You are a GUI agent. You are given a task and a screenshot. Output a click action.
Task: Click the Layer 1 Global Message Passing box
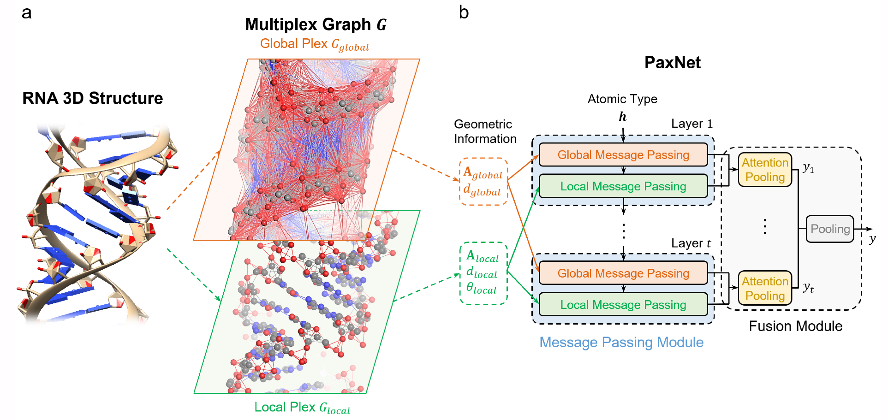click(x=623, y=154)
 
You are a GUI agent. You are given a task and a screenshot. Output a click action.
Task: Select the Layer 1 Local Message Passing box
click(x=623, y=186)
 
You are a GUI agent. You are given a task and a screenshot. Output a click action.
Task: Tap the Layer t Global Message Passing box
click(x=623, y=273)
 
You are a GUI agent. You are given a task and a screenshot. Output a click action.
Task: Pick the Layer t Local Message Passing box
click(x=623, y=304)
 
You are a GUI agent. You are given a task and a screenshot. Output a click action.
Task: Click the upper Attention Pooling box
click(x=765, y=170)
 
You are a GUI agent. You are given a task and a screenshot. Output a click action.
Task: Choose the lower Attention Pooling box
click(x=765, y=288)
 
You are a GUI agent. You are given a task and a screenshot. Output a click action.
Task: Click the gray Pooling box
click(x=830, y=229)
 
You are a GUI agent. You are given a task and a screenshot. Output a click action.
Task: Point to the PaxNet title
click(x=672, y=62)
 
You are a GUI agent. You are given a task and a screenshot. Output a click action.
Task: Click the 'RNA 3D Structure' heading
click(x=93, y=98)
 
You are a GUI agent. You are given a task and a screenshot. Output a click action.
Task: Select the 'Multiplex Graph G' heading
click(x=316, y=24)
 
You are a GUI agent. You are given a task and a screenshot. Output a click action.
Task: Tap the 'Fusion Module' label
click(x=795, y=326)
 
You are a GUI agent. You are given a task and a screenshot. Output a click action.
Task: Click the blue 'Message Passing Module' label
click(x=621, y=342)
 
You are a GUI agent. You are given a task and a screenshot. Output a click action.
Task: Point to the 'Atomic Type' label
click(x=622, y=99)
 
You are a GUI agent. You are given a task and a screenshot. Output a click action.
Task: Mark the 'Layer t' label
click(x=691, y=243)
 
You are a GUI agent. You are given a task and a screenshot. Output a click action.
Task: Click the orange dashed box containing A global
click(x=483, y=182)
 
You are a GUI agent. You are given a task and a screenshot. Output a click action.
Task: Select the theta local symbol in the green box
click(x=481, y=288)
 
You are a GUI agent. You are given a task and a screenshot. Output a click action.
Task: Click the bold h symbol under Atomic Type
click(x=622, y=117)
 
